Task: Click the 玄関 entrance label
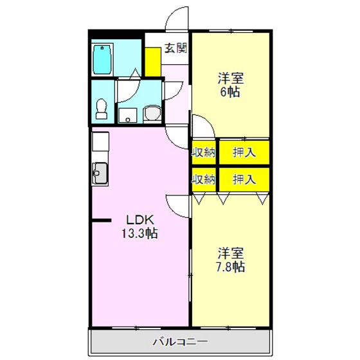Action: [x=176, y=48]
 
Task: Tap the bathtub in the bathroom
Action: [x=102, y=59]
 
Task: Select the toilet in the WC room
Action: [x=102, y=109]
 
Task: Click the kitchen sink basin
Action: [x=100, y=173]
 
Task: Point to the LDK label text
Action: [x=139, y=220]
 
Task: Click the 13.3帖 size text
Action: [x=139, y=233]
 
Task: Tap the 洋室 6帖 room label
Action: [x=231, y=85]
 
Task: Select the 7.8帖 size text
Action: [x=231, y=267]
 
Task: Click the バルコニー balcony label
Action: [x=181, y=342]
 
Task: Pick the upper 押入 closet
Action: [x=244, y=152]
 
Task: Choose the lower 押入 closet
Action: [x=244, y=179]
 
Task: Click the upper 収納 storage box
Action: [x=204, y=152]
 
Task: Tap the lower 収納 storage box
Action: [x=204, y=179]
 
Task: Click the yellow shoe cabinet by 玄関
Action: [x=153, y=62]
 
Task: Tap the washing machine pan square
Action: [x=128, y=116]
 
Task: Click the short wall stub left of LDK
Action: [x=102, y=221]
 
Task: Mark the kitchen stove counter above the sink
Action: [x=100, y=141]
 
